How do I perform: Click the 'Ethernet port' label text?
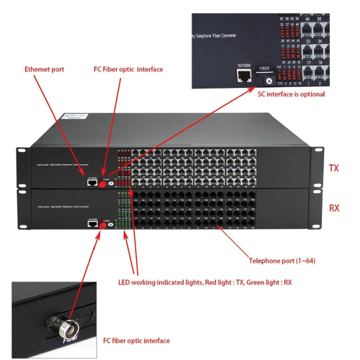click(x=45, y=69)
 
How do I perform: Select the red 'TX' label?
click(x=333, y=168)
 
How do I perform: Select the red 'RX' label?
click(x=333, y=207)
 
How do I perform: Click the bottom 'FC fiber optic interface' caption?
click(x=137, y=340)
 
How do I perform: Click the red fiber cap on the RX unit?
click(x=103, y=226)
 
